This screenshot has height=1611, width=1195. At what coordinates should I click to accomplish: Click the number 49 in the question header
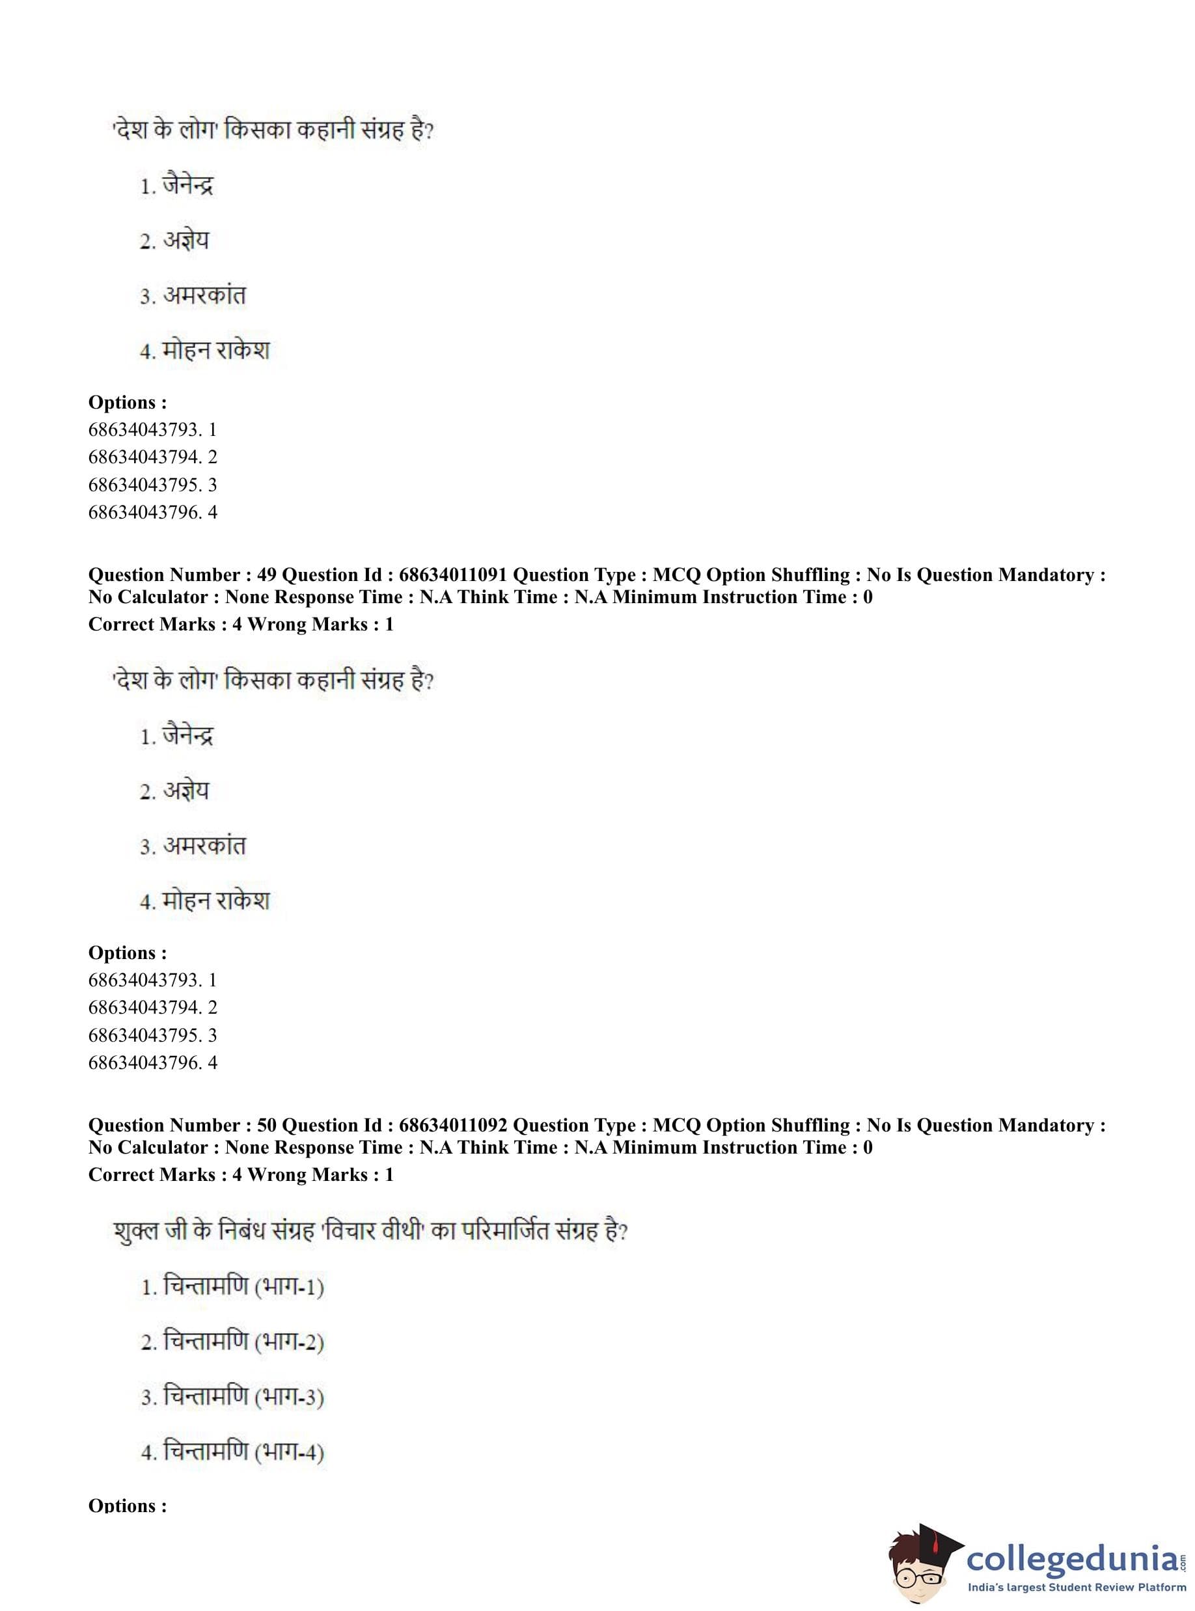[266, 575]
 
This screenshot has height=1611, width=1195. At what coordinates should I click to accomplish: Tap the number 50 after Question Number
[266, 1125]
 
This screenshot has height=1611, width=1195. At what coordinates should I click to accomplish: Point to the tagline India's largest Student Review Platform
[1077, 1588]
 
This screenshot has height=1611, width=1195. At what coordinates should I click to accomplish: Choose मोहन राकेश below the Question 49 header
[215, 901]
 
